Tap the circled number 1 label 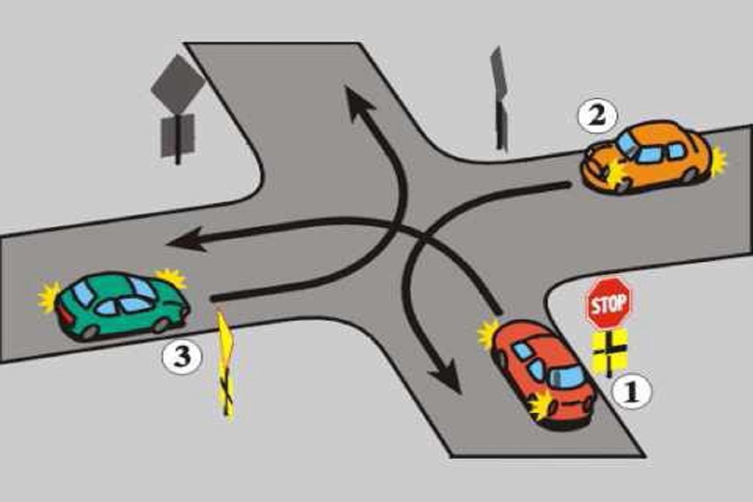pyautogui.click(x=632, y=391)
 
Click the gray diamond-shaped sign pyautogui.click(x=178, y=84)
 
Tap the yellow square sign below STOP pyautogui.click(x=609, y=351)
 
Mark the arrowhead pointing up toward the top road pyautogui.click(x=358, y=102)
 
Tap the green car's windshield pyautogui.click(x=143, y=289)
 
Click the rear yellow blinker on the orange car pyautogui.click(x=718, y=161)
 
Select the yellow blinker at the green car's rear pyautogui.click(x=48, y=297)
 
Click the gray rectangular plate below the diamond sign pyautogui.click(x=178, y=135)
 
